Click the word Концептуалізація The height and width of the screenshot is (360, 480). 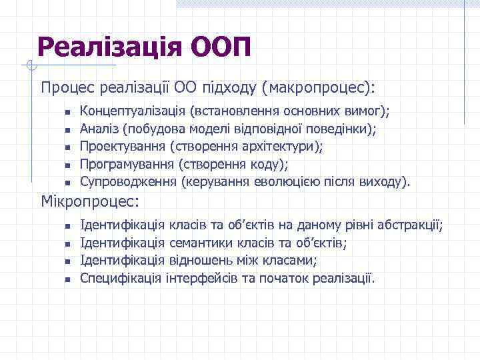point(132,110)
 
